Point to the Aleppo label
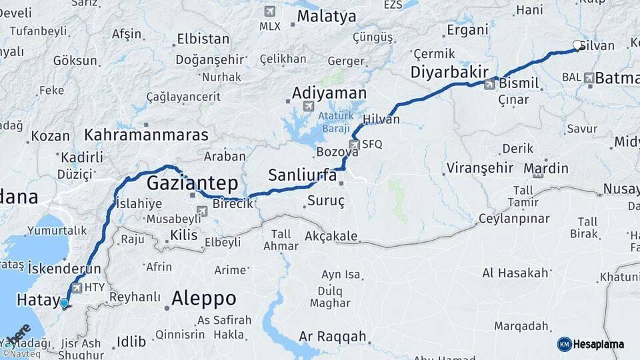(203, 298)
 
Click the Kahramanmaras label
(147, 135)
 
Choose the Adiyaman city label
(329, 93)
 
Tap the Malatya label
(327, 17)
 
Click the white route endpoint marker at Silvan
(577, 45)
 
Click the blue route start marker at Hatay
(64, 303)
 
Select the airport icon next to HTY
(77, 288)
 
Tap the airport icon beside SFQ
(355, 145)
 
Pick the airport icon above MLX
(269, 11)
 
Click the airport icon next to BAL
(589, 78)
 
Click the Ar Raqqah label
(333, 337)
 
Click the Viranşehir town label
(480, 167)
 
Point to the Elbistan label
(203, 39)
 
